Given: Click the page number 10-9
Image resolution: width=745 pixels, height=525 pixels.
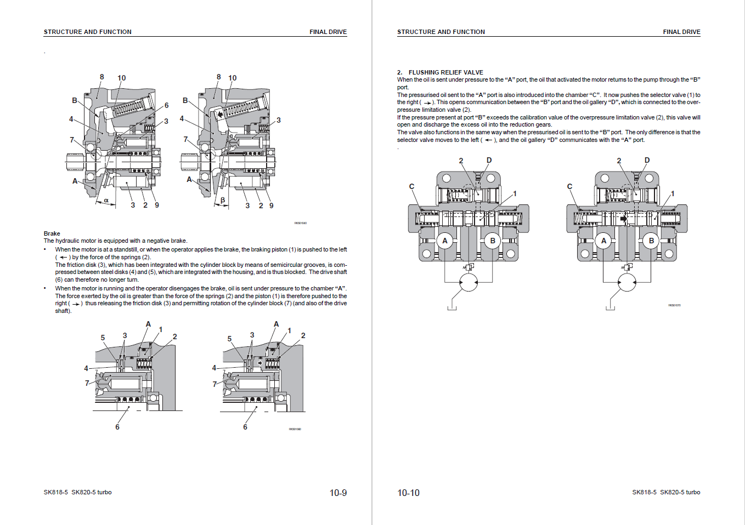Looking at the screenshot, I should coord(338,493).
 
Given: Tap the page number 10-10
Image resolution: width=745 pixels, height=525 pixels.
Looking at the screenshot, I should coord(408,493).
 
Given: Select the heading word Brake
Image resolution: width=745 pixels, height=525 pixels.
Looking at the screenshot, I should coord(52,233).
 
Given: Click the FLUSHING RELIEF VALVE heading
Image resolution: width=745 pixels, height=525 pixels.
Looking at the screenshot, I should coord(445,72).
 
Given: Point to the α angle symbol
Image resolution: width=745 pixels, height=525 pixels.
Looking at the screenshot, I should coord(106,201).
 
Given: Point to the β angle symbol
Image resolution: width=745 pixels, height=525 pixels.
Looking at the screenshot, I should coord(223,201).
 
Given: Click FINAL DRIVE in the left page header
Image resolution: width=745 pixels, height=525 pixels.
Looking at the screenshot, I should coord(328,32).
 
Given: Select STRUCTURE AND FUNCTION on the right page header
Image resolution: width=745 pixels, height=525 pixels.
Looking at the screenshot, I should coord(441,32).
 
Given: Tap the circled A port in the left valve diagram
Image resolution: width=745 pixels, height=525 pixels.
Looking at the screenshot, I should coord(445,241).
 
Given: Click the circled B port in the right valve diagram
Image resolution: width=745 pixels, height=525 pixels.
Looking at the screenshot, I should coord(651,241).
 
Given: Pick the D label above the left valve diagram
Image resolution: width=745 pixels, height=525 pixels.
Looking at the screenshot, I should coord(489,160).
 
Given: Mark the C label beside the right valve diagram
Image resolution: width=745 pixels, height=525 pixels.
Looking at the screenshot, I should coord(569,186).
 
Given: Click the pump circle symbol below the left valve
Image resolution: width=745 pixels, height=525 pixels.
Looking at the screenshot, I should coord(469,283).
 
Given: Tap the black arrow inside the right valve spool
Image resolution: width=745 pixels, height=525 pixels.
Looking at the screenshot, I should coord(623,218).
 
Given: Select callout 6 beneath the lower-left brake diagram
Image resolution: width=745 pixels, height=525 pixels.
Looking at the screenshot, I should coord(117,427).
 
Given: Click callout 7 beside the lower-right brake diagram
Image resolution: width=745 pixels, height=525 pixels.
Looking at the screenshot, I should coord(215,384).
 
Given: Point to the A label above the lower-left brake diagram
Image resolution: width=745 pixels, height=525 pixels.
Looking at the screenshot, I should coord(148,324).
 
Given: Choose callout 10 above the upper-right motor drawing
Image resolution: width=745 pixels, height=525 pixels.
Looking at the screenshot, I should coord(232,78).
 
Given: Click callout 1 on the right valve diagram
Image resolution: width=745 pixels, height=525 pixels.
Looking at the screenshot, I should coord(673,193).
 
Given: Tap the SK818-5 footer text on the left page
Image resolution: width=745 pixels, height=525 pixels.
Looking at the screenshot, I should coord(56,492).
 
